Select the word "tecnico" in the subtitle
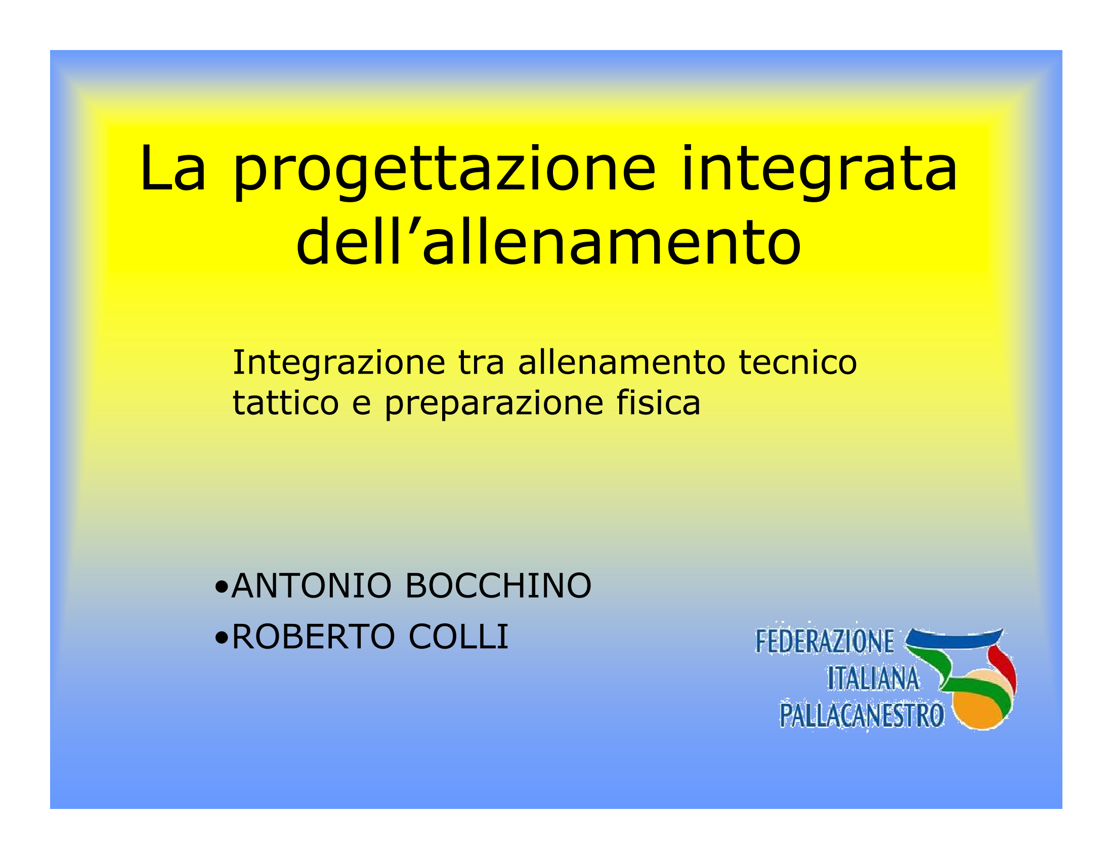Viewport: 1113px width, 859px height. click(798, 364)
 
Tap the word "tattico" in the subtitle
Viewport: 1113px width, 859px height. click(286, 403)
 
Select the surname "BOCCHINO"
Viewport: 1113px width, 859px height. click(498, 585)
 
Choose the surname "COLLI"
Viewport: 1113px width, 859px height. click(458, 637)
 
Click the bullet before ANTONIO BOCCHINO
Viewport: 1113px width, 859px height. click(222, 587)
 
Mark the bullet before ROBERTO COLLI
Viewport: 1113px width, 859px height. click(222, 638)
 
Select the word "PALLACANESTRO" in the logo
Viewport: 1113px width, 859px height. click(862, 715)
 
